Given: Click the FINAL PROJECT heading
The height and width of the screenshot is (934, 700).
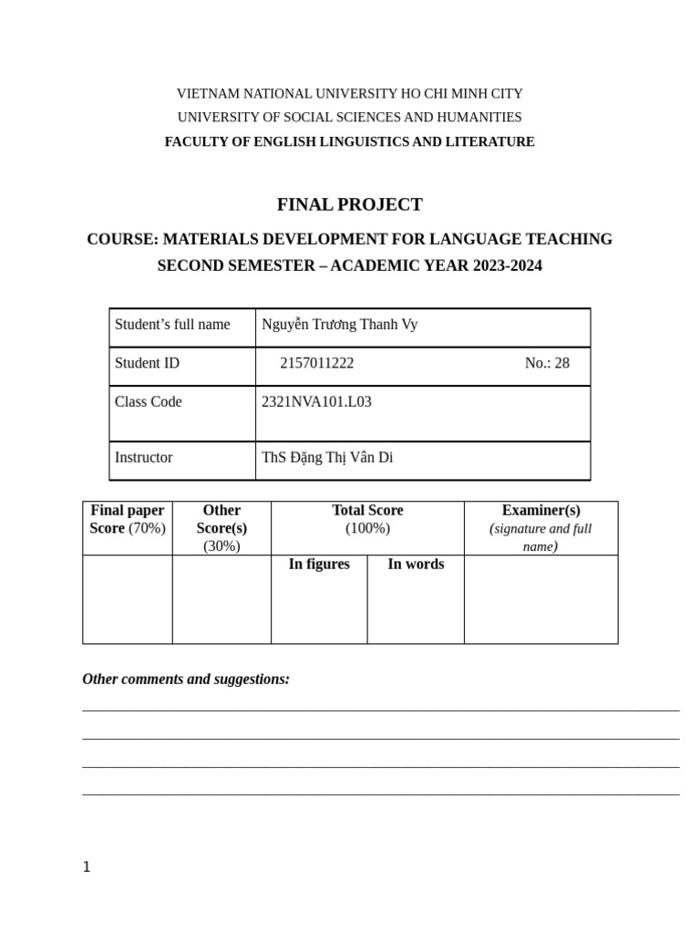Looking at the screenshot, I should click(x=349, y=204).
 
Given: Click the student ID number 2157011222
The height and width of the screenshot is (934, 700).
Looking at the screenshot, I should click(x=316, y=363).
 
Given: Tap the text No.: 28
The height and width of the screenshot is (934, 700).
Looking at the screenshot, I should click(x=547, y=363).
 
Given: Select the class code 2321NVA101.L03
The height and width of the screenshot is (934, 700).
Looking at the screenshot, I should click(x=316, y=401).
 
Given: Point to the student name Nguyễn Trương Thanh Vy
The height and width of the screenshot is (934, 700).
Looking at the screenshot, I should click(x=339, y=324).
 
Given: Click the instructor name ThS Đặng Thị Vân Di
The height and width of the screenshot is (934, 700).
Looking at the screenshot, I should click(x=327, y=457).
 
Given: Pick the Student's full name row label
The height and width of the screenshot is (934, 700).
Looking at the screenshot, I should click(x=172, y=324).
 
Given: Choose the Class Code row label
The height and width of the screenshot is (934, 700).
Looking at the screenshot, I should click(x=149, y=401).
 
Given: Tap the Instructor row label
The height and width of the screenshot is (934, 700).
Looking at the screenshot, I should click(x=143, y=457).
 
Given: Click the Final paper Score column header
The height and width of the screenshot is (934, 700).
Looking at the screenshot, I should click(x=128, y=519).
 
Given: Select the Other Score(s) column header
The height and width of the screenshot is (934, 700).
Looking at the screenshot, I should click(x=221, y=519).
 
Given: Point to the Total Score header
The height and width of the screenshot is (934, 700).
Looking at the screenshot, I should click(x=367, y=511).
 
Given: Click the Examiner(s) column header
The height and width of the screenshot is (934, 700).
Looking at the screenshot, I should click(x=540, y=511).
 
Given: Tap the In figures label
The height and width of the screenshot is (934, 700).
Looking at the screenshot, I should click(x=319, y=564).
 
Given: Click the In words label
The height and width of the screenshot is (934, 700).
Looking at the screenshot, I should click(x=416, y=564).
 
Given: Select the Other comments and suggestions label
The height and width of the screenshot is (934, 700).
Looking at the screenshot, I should click(x=186, y=679).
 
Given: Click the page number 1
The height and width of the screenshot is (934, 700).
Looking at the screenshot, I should click(x=87, y=867).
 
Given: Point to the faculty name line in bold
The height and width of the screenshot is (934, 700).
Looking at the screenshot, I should click(x=349, y=141).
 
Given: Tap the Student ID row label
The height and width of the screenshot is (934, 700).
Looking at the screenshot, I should click(x=147, y=363).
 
